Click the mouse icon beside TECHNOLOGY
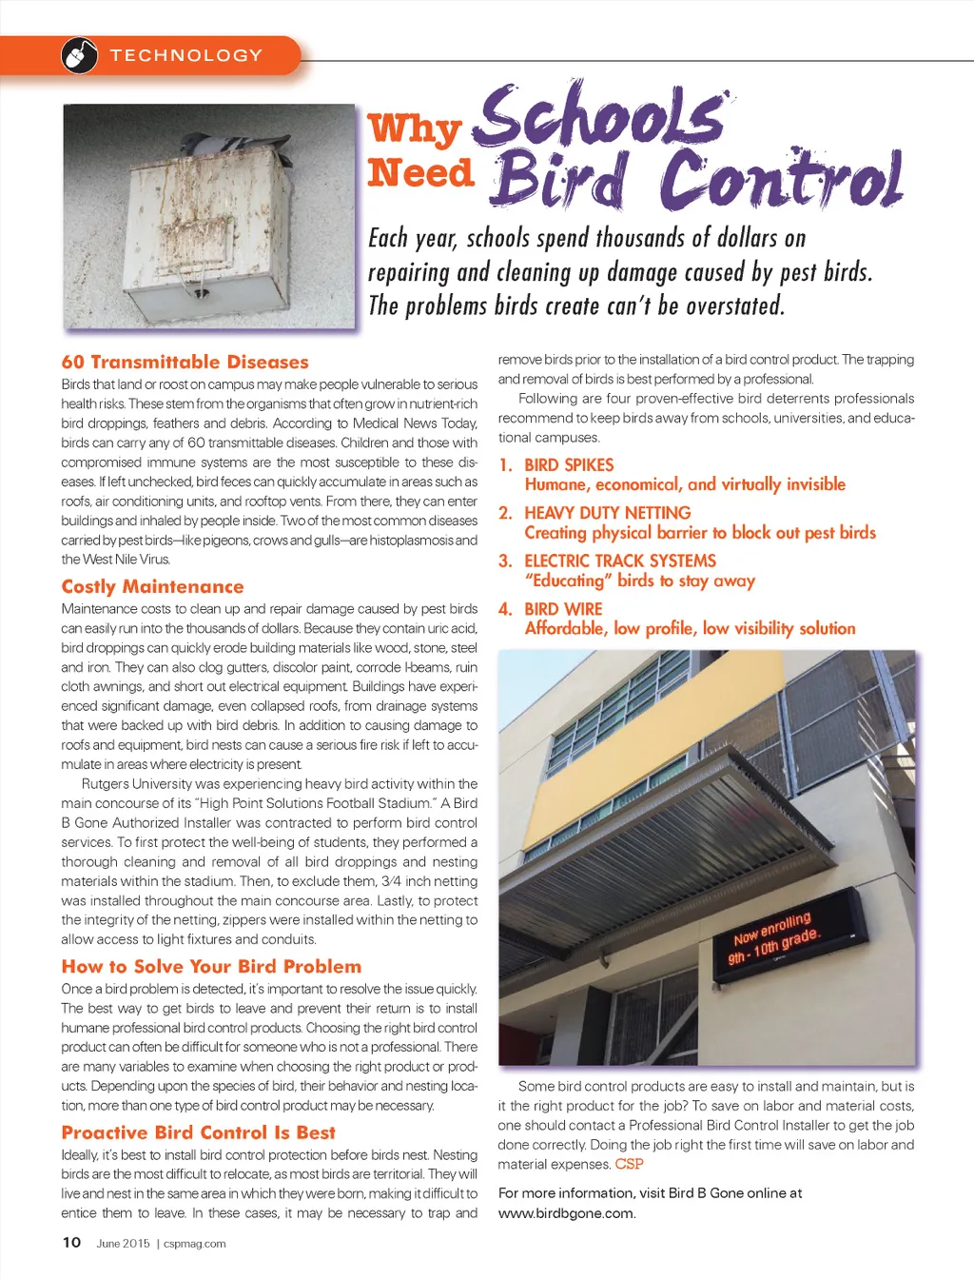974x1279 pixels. coord(80,56)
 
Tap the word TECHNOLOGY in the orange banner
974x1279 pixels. coord(185,56)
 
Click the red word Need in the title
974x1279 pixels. coord(420,173)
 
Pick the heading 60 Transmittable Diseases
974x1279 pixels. coord(185,362)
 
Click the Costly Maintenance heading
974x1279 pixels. coord(152,586)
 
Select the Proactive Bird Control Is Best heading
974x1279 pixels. coord(198,1132)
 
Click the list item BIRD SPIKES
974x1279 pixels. coord(569,465)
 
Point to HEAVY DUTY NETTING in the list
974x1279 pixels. coord(607,513)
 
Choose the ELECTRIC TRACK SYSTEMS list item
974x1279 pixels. coord(620,561)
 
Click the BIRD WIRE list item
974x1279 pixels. coord(563,609)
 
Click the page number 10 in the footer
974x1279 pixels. coord(71,1242)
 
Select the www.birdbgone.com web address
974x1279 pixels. coord(567,1212)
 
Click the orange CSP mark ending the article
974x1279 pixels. coord(629,1164)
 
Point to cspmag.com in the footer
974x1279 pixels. coord(195,1243)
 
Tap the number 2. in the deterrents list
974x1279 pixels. coord(505,513)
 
